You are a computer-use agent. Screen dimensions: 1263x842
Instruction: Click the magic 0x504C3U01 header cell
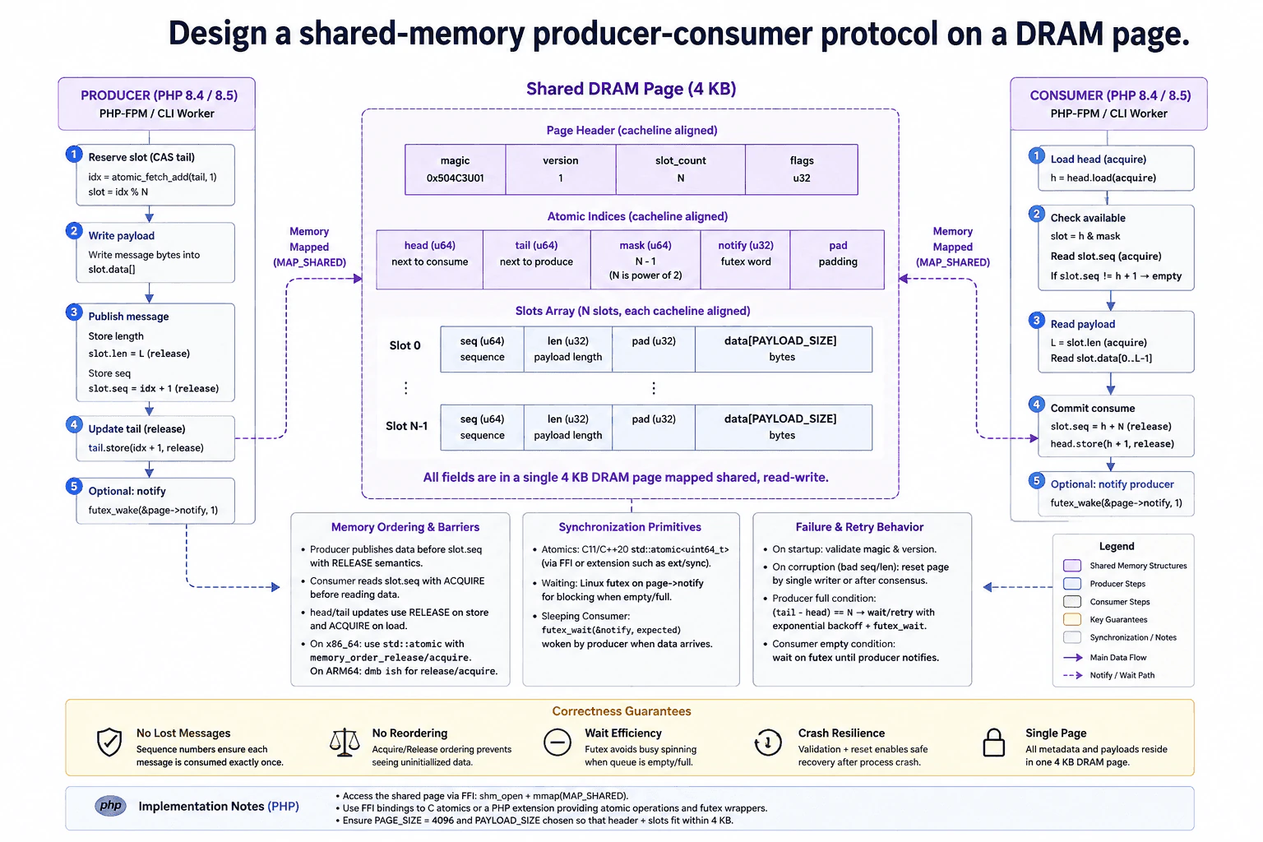(455, 169)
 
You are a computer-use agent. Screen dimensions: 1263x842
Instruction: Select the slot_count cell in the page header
(681, 169)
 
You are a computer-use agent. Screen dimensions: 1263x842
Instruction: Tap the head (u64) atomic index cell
(430, 259)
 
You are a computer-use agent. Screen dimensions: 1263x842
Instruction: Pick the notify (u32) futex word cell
(746, 259)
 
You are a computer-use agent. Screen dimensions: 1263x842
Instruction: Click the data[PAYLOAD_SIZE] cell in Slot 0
(783, 349)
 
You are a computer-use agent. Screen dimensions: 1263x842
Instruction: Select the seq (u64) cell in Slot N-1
(482, 427)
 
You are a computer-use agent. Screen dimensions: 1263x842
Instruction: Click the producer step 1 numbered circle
(74, 154)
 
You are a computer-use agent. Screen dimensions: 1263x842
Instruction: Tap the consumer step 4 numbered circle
(1036, 405)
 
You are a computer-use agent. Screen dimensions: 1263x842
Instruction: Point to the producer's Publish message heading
(128, 317)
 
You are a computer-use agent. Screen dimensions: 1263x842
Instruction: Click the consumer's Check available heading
(1088, 218)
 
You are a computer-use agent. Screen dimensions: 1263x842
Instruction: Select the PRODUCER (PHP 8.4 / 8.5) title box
(157, 104)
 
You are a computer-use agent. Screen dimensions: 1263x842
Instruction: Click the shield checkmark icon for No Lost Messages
(109, 742)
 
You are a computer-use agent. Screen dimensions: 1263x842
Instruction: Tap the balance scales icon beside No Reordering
(345, 742)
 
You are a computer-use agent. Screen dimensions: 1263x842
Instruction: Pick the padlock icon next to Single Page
(993, 743)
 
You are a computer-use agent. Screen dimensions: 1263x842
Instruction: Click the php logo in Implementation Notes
(110, 805)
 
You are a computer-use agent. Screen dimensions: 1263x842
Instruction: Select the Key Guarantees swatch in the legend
(1072, 619)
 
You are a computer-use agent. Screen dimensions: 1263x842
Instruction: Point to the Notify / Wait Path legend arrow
(1072, 675)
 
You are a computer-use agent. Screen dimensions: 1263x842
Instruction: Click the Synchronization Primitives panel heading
(630, 527)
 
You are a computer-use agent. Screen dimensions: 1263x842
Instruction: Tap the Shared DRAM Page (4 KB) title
(631, 89)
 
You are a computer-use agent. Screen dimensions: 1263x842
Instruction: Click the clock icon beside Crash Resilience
(767, 743)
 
